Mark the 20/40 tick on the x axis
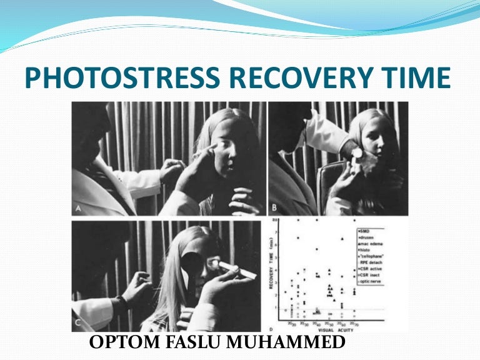pos(317,323)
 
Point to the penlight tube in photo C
pos(231,270)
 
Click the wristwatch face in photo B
pos(357,152)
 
